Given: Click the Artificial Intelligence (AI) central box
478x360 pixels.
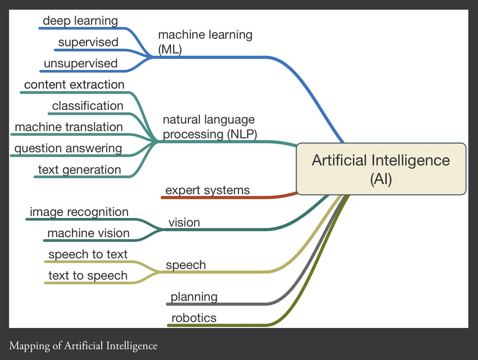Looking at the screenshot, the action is point(381,169).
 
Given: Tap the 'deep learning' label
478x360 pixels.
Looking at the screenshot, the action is point(80,21).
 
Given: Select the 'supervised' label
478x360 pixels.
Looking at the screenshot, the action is point(88,42).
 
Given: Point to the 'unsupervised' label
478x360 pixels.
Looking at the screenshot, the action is point(80,63).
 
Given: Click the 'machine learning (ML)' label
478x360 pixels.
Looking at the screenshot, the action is point(205,42).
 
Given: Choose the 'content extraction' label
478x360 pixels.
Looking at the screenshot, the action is point(74,85).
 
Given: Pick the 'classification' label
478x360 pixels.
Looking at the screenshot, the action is point(87,106).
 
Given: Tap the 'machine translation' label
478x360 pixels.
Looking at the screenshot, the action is point(69,127).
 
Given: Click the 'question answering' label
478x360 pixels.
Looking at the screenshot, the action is point(68,148).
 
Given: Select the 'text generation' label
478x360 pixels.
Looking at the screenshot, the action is point(79,170).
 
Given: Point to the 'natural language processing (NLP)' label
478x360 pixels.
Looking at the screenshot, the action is point(209,127).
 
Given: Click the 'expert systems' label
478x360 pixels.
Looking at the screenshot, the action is point(207,190).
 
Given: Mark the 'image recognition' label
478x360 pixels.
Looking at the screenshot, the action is point(79,212).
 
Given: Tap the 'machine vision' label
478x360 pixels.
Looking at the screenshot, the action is point(88,233).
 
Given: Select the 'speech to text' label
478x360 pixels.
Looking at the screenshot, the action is point(88,254).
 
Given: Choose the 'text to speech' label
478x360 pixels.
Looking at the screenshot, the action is point(88,275).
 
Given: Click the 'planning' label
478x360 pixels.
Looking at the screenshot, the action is point(194,297).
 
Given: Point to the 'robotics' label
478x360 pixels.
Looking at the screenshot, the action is point(194,318).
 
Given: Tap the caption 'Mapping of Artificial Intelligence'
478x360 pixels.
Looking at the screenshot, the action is point(83,345).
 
